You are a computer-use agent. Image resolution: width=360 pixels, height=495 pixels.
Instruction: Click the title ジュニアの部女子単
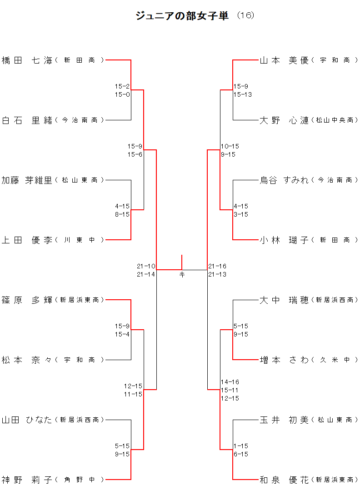(x=182, y=16)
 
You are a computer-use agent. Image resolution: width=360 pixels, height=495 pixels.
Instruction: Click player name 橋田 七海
(x=27, y=60)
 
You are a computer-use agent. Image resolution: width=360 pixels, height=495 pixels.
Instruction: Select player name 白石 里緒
(x=27, y=120)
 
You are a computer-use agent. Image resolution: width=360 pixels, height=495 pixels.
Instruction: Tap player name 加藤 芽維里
(x=27, y=180)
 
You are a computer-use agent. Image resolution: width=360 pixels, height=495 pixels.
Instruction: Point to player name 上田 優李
(x=27, y=240)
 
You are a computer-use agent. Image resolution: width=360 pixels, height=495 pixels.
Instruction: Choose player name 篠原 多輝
(x=27, y=300)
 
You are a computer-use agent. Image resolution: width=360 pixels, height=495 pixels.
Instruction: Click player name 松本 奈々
(x=27, y=360)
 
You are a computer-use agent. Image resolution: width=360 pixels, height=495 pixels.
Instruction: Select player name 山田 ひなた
(x=27, y=420)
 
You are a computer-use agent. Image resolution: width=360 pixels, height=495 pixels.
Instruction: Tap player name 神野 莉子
(x=27, y=480)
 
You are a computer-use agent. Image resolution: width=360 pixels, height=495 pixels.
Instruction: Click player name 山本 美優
(x=284, y=60)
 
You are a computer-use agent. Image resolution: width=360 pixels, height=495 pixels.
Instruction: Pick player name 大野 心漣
(x=284, y=120)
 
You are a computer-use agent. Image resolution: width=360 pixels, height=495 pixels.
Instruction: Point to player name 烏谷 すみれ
(x=284, y=180)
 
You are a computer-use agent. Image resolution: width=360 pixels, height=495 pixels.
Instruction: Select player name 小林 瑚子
(x=284, y=240)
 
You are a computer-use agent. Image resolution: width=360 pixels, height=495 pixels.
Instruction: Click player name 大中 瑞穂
(x=284, y=300)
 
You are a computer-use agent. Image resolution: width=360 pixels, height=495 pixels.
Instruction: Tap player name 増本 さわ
(x=284, y=360)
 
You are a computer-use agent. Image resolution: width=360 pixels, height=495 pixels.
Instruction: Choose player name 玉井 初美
(x=284, y=420)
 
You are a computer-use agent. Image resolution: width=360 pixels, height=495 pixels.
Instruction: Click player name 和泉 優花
(x=284, y=480)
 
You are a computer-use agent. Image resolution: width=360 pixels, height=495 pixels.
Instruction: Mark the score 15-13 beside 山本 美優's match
(x=243, y=94)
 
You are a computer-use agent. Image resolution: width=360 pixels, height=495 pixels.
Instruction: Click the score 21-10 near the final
(x=146, y=266)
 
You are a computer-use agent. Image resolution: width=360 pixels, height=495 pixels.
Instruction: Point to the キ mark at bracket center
(x=182, y=274)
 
